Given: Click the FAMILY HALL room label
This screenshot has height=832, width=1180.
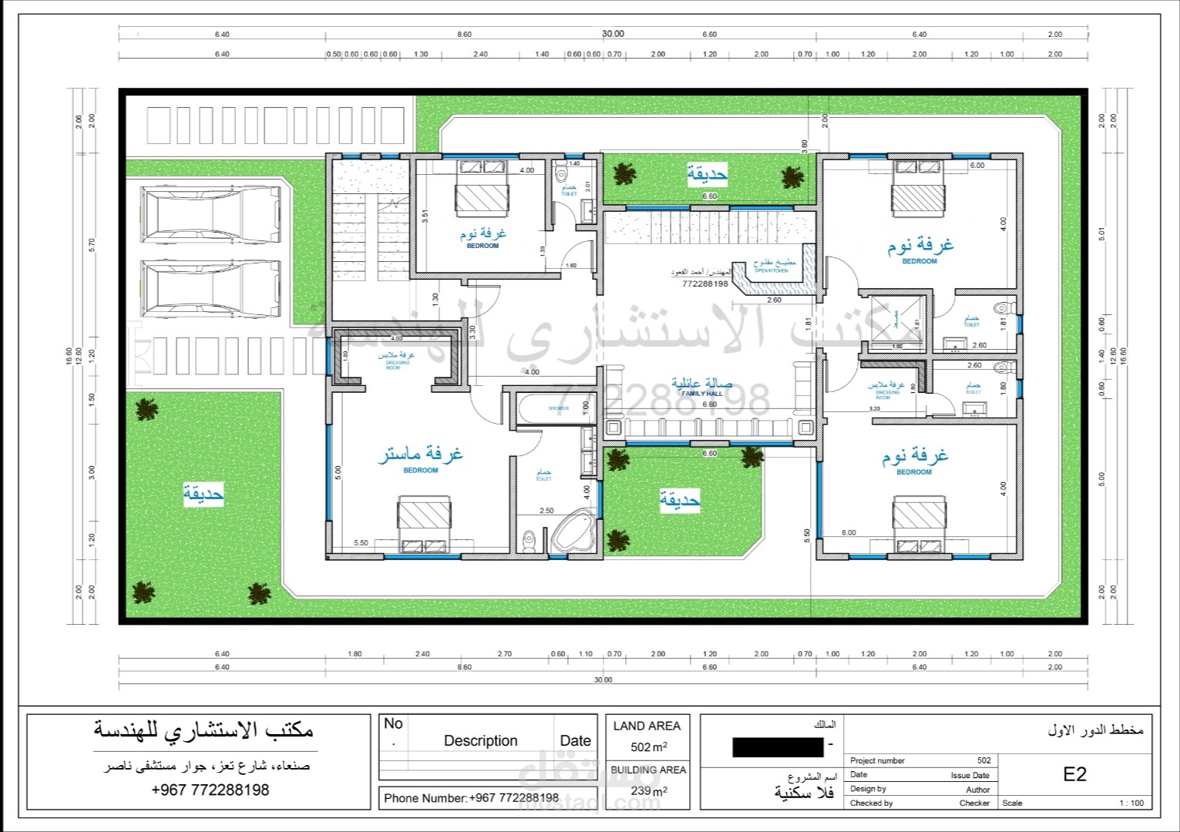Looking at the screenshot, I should (701, 388).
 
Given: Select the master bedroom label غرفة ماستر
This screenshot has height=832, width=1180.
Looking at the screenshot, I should (420, 455).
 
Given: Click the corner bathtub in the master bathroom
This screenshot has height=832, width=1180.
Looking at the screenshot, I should (571, 532).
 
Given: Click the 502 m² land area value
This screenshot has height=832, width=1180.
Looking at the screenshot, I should (648, 746).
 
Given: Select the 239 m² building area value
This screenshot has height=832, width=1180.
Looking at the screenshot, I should (648, 790).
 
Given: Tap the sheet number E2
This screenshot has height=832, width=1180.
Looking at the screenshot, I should (1074, 774).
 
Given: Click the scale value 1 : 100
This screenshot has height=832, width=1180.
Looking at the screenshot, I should (1131, 803).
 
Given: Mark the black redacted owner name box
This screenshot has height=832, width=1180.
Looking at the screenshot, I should (778, 746).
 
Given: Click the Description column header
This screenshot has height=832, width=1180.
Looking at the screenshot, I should (480, 740).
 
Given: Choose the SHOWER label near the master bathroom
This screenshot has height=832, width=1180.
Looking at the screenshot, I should (558, 408).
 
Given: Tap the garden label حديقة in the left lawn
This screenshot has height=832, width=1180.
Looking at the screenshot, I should (203, 493).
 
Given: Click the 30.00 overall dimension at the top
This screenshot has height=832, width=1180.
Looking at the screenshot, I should (613, 34).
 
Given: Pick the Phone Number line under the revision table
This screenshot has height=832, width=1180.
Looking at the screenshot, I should (471, 798).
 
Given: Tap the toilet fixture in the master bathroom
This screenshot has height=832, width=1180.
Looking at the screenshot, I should (528, 541).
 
